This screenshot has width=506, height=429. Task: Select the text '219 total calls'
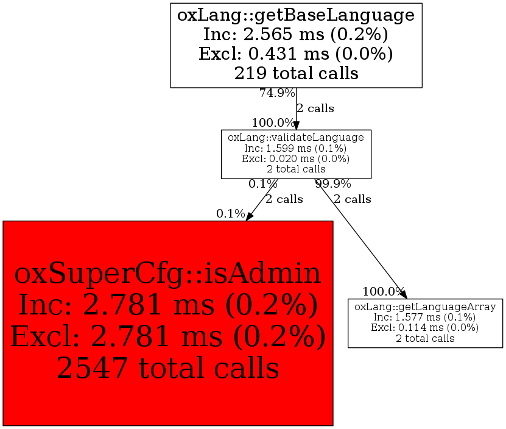[x=296, y=73]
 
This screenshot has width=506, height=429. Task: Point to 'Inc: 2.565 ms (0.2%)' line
[x=296, y=34]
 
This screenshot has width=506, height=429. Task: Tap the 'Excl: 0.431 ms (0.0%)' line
[x=296, y=54]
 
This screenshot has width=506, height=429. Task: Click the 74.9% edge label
[x=277, y=93]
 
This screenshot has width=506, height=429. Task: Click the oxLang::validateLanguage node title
[x=296, y=138]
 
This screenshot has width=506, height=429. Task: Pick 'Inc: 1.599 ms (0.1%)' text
[x=296, y=148]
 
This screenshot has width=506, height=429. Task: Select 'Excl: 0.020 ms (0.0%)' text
[x=296, y=158]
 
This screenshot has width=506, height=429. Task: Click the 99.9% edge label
[x=332, y=183]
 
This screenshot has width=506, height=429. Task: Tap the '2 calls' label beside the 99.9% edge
[x=352, y=199]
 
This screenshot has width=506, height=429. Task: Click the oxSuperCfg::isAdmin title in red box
[x=167, y=274]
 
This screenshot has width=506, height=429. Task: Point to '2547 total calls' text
[x=167, y=367]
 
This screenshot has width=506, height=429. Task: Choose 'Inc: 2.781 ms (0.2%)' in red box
[x=167, y=305]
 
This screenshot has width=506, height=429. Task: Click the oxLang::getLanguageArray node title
[x=425, y=307]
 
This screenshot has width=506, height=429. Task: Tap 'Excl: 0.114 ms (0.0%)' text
[x=425, y=328]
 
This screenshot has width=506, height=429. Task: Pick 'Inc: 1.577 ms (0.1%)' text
[x=425, y=317]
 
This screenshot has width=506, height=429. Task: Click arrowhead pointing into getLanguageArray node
[x=403, y=294]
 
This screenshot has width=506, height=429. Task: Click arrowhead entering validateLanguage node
[x=297, y=125]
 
